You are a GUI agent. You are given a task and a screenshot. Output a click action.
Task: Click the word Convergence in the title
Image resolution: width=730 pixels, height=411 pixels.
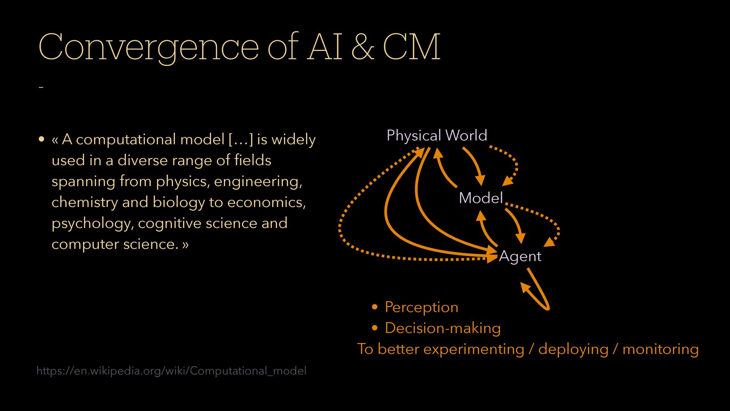(148, 48)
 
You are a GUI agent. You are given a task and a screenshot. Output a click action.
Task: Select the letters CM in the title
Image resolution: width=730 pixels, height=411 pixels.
(411, 48)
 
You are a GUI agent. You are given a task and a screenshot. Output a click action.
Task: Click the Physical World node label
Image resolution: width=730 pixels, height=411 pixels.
(436, 135)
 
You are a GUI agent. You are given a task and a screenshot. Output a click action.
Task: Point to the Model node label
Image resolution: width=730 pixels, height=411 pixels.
(481, 198)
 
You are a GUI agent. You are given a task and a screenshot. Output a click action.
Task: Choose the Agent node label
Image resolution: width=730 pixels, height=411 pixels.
(520, 256)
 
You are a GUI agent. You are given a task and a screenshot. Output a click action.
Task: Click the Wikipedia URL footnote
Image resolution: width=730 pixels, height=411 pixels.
(171, 371)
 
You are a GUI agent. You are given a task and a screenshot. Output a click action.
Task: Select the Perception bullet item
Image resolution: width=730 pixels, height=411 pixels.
(421, 307)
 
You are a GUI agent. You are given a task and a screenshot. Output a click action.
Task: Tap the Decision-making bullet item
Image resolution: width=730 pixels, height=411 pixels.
(443, 328)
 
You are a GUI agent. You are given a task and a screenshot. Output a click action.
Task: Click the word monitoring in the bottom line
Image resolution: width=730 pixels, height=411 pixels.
(660, 349)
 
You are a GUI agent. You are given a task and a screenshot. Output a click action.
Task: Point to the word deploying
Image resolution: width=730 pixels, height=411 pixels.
(573, 349)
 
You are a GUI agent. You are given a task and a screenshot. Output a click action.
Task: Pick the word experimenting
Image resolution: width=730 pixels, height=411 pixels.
(473, 349)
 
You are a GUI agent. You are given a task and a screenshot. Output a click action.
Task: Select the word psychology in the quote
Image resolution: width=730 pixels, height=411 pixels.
(91, 223)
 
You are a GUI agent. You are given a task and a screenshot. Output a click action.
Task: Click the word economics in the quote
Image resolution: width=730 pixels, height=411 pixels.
(266, 202)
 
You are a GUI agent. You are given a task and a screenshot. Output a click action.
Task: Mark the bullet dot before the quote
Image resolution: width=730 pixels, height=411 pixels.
(42, 139)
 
